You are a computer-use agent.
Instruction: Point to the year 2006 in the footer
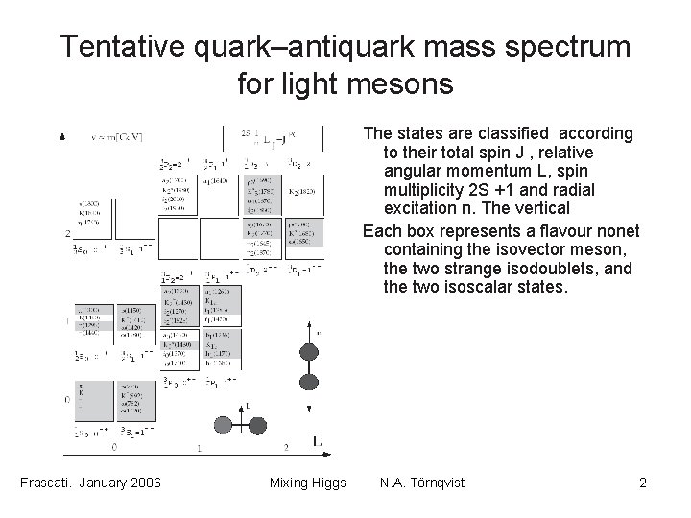coord(142,482)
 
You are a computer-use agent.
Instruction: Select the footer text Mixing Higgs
coord(307,482)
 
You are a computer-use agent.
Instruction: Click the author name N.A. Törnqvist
coord(422,482)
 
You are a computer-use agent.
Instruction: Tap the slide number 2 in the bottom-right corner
coord(642,482)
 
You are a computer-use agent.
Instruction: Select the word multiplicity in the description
coord(418,189)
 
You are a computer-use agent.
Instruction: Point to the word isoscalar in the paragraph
coord(498,287)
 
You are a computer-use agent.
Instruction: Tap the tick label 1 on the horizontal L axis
coord(198,447)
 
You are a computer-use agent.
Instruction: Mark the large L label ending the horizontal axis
coord(317,440)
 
